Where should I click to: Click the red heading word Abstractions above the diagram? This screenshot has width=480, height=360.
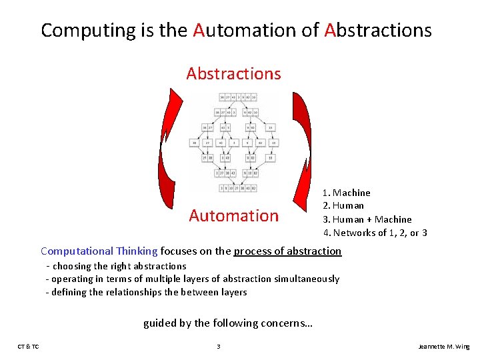click(x=233, y=73)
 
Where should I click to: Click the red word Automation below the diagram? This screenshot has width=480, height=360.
click(x=233, y=215)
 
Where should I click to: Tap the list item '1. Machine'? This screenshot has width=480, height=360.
click(x=347, y=193)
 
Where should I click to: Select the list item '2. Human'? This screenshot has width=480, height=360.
click(x=343, y=205)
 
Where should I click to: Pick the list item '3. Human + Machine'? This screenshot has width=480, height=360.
click(x=367, y=219)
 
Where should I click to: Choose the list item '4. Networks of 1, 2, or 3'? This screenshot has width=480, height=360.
click(x=375, y=233)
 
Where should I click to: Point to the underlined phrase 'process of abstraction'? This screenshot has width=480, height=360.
click(x=287, y=251)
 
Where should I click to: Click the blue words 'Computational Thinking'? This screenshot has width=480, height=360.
click(x=99, y=251)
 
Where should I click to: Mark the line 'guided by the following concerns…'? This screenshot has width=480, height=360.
click(x=228, y=323)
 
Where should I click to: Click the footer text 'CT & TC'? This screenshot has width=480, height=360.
click(x=28, y=347)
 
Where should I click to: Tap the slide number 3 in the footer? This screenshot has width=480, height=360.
click(x=218, y=347)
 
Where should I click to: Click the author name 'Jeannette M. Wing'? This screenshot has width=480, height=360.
click(x=443, y=347)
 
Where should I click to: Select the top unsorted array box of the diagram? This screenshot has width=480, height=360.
click(x=233, y=97)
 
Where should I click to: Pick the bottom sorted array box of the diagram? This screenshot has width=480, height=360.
click(x=233, y=189)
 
